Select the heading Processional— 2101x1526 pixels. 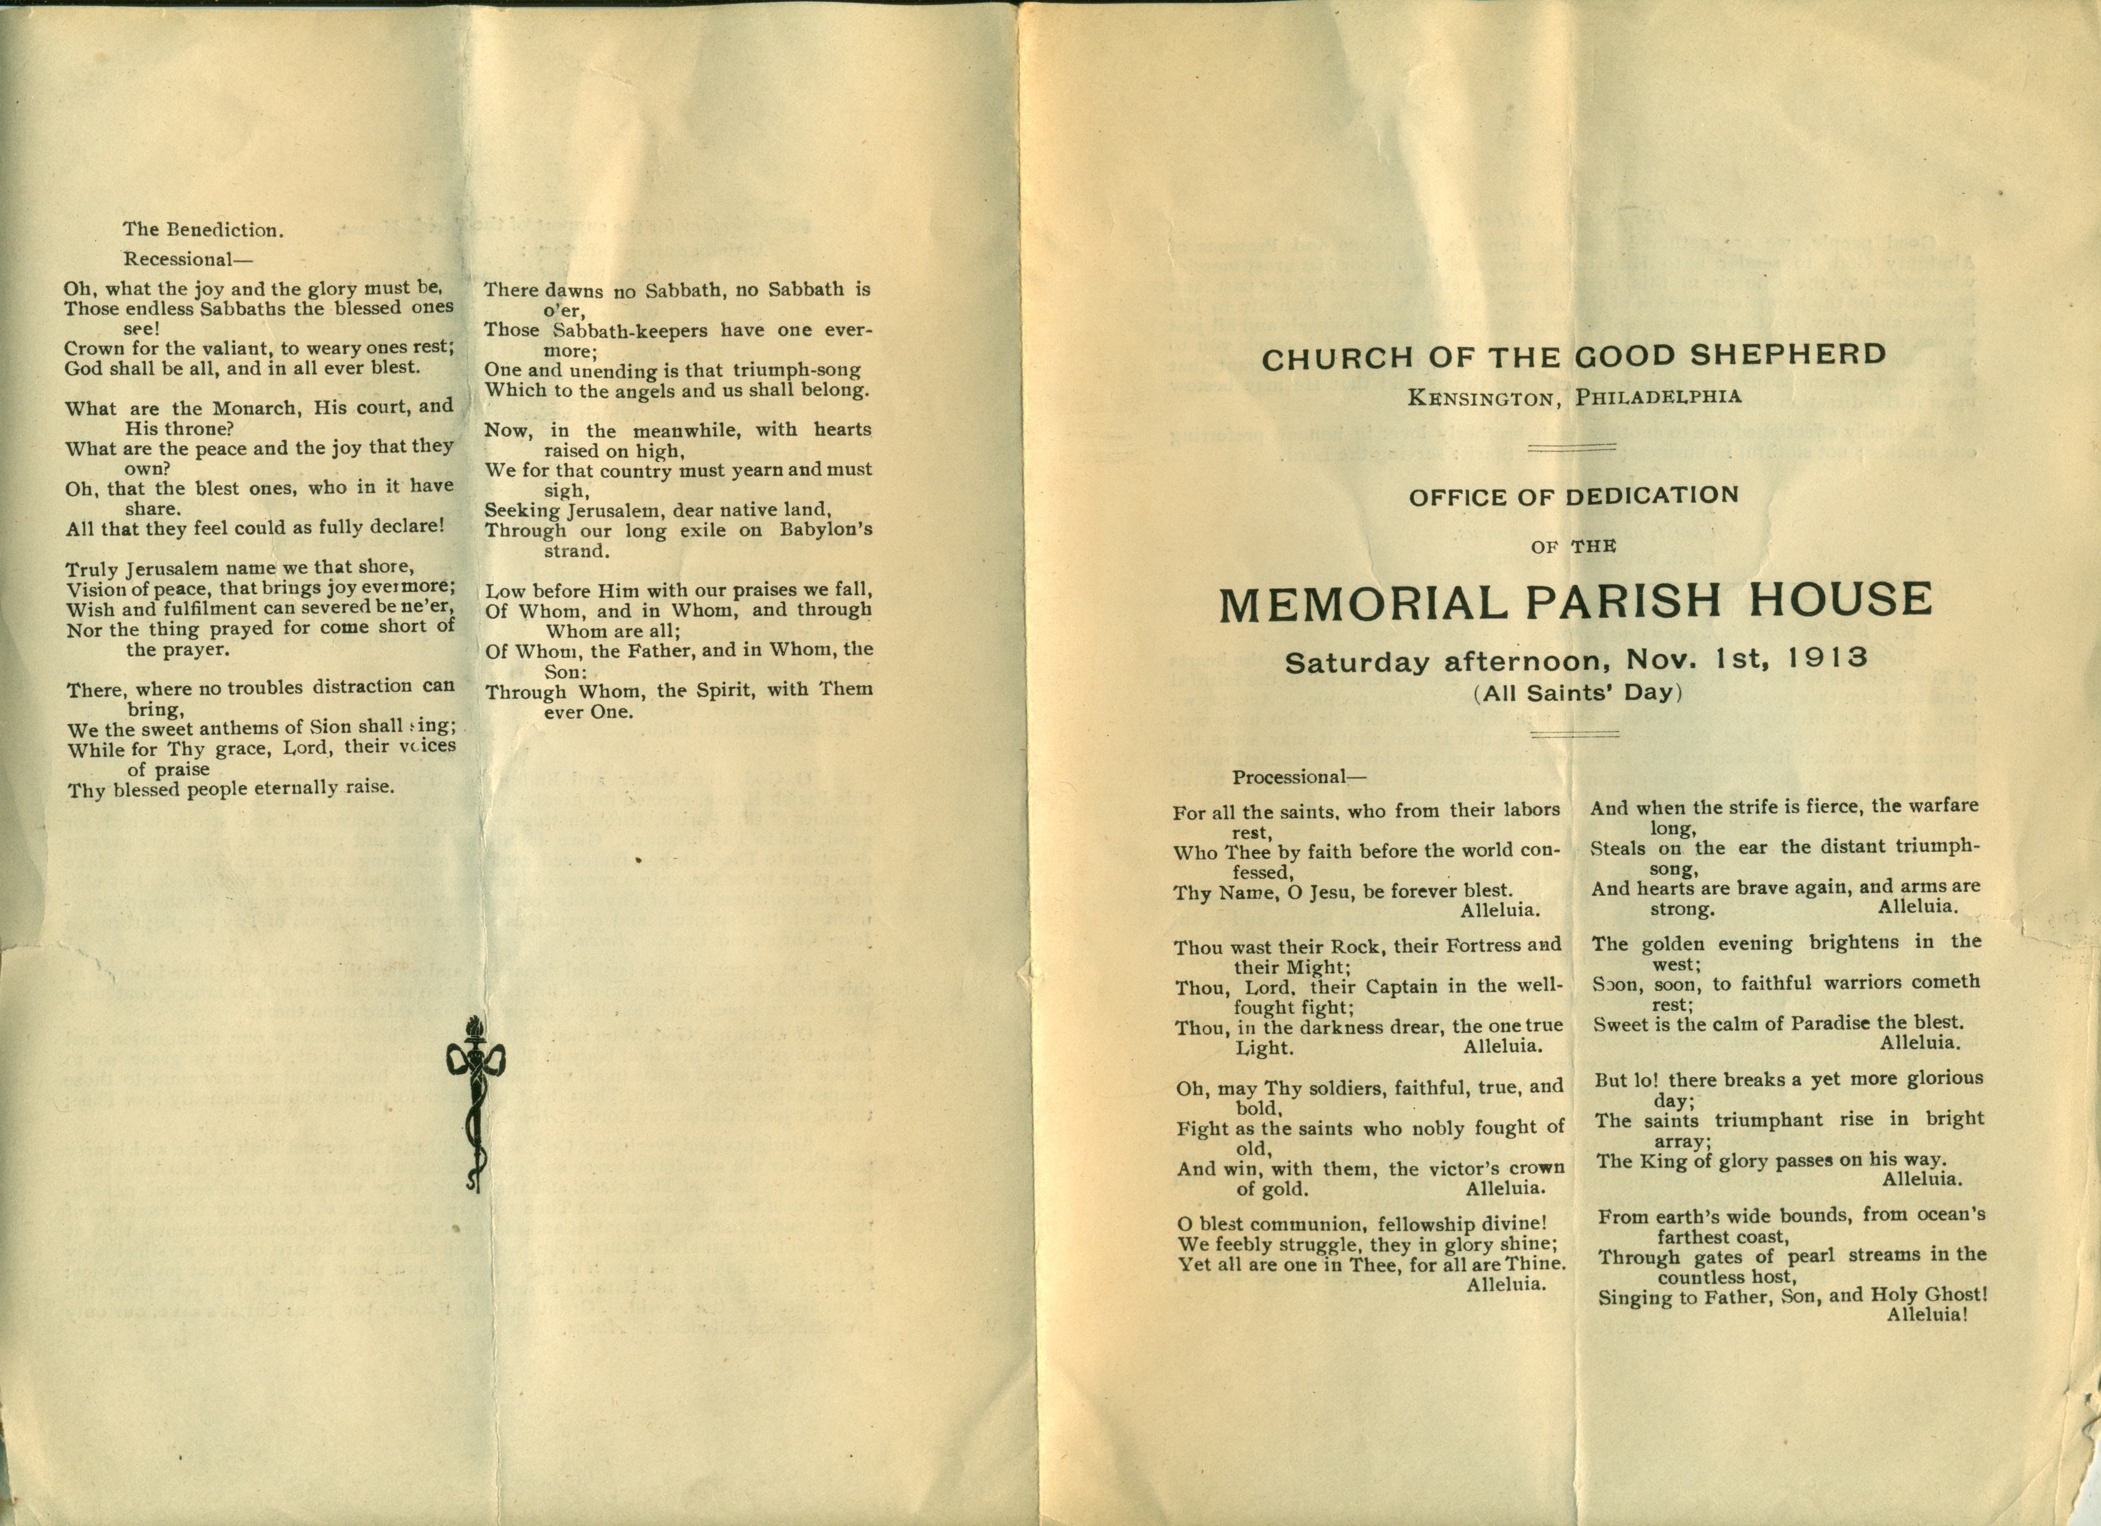tap(1299, 777)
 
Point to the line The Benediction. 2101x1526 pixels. tap(203, 230)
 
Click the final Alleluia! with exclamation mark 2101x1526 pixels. tap(1927, 1314)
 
